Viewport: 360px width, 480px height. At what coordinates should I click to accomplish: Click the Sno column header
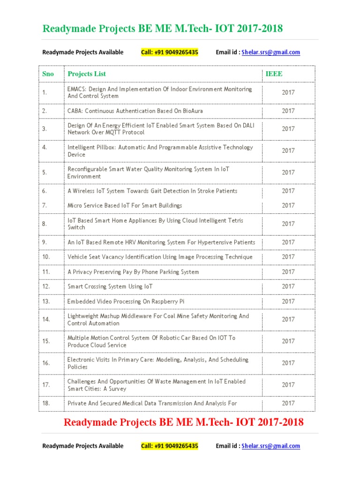[x=48, y=74]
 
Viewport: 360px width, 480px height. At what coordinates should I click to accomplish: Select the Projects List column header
[x=87, y=74]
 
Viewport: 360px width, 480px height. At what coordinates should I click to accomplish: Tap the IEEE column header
[x=274, y=74]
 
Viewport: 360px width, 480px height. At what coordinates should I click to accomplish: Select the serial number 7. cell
[x=45, y=205]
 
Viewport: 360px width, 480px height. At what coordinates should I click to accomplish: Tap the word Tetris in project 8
[x=233, y=221]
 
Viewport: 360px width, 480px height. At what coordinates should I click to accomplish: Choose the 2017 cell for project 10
[x=288, y=257]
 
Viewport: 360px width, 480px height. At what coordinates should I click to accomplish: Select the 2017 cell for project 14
[x=288, y=319]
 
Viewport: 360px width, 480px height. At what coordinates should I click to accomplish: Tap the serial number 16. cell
[x=46, y=363]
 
